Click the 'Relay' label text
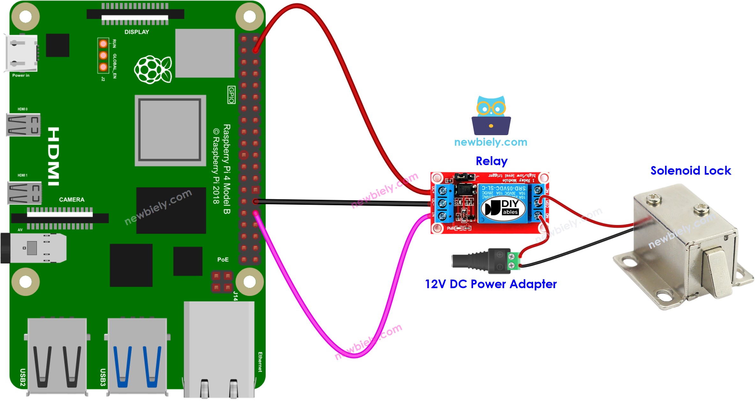point(491,161)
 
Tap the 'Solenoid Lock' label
point(691,171)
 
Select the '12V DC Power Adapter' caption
point(491,284)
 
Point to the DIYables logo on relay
point(502,208)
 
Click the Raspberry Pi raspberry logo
point(153,69)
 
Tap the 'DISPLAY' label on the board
point(136,32)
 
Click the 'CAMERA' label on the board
point(71,200)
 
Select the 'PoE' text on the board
point(223,259)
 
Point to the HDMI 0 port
point(23,125)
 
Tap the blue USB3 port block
point(137,355)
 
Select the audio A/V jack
point(33,248)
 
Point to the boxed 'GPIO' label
point(231,95)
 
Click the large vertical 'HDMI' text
point(54,156)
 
